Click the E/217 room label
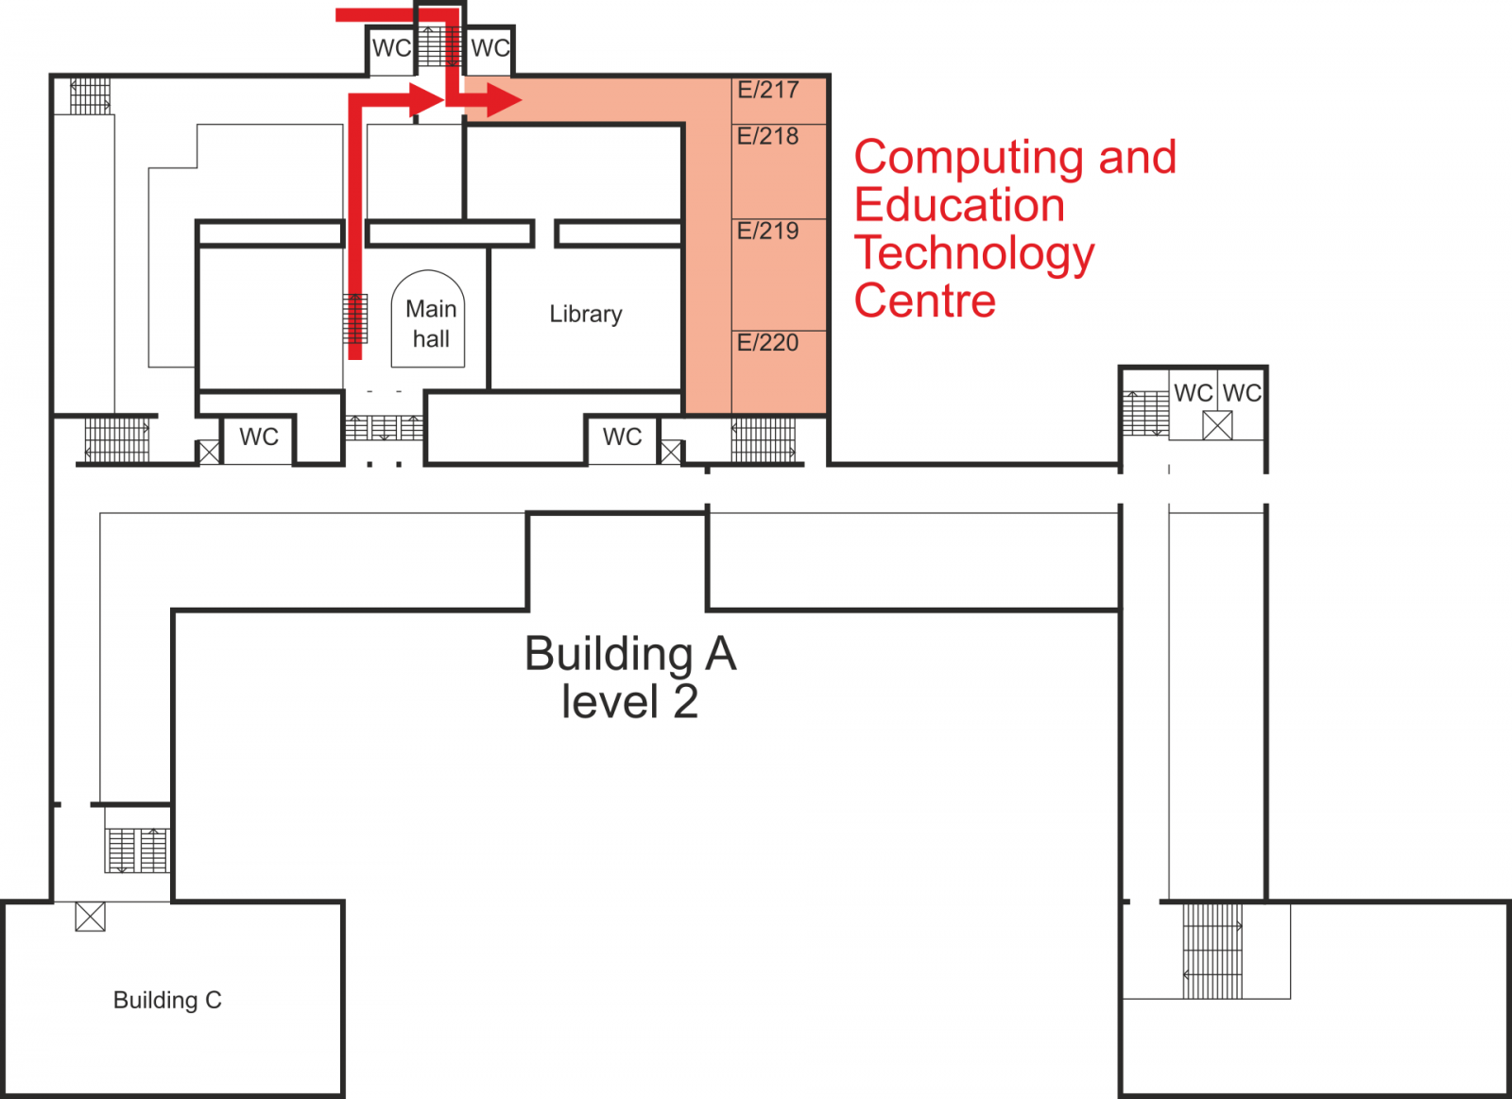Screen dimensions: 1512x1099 tap(768, 90)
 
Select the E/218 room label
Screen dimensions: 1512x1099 tap(768, 136)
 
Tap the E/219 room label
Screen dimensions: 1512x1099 tap(768, 231)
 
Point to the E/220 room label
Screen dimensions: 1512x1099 tap(768, 343)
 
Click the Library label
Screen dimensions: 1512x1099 tap(586, 315)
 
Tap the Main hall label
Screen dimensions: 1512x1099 tap(431, 324)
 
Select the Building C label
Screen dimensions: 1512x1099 tap(167, 1001)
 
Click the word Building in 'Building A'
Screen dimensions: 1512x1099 tap(609, 654)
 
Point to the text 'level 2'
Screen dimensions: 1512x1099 tap(629, 702)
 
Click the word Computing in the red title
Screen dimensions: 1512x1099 tap(970, 159)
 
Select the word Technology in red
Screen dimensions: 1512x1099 tap(974, 254)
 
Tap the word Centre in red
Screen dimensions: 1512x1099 tap(925, 301)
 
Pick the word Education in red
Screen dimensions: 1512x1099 tap(959, 205)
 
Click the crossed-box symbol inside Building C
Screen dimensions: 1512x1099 tap(90, 917)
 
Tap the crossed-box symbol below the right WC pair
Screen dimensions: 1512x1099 tap(1217, 425)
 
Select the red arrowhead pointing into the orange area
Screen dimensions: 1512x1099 tap(504, 100)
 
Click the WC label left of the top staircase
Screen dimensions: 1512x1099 tap(391, 48)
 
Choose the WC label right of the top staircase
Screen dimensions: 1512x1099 tap(490, 48)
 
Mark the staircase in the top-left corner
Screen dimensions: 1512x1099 tap(91, 95)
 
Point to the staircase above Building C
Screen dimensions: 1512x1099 tap(137, 850)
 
